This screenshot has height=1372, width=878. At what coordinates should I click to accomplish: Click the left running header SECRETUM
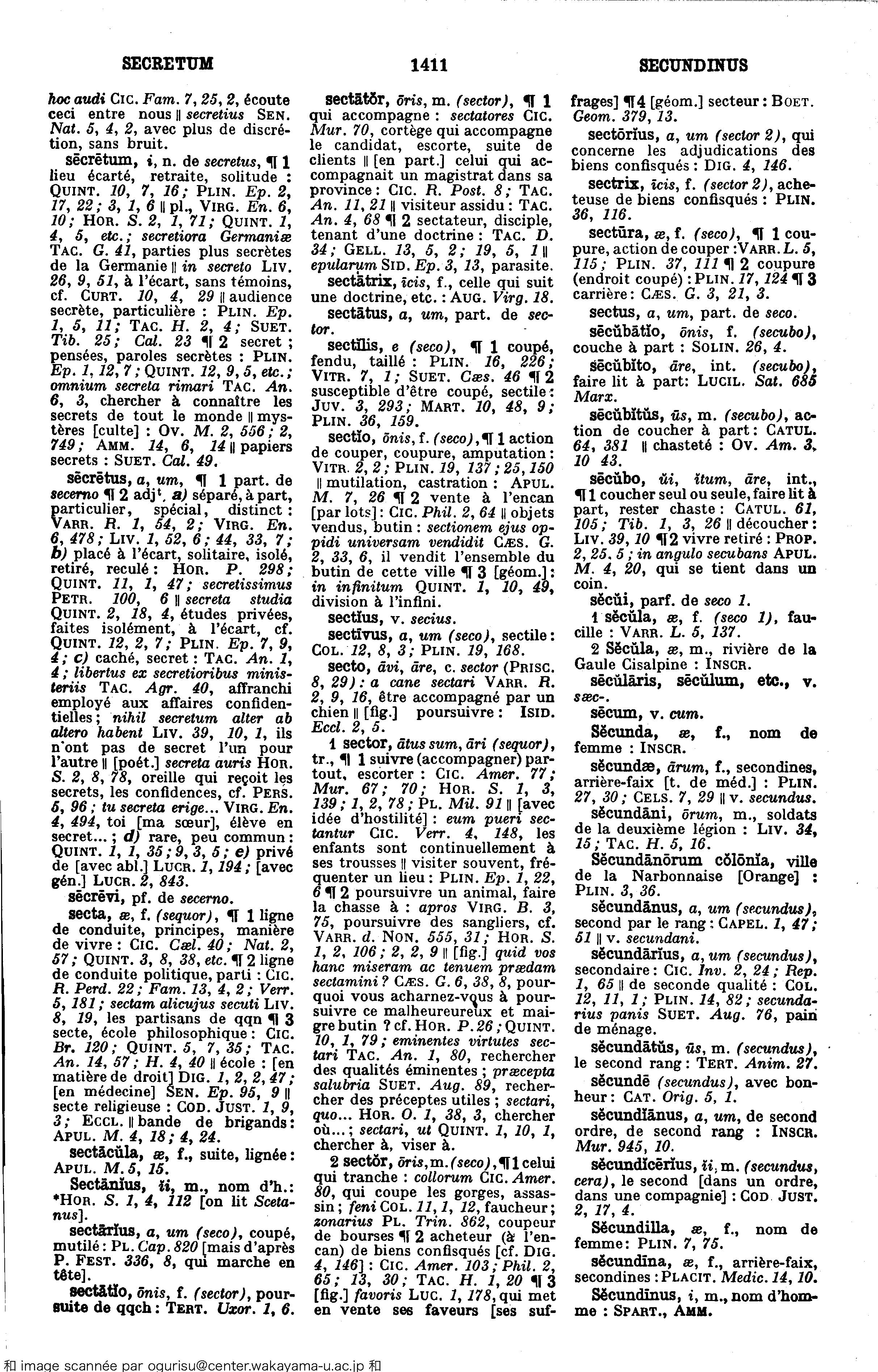click(x=168, y=63)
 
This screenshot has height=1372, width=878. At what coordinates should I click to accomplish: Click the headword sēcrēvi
click(x=92, y=899)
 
